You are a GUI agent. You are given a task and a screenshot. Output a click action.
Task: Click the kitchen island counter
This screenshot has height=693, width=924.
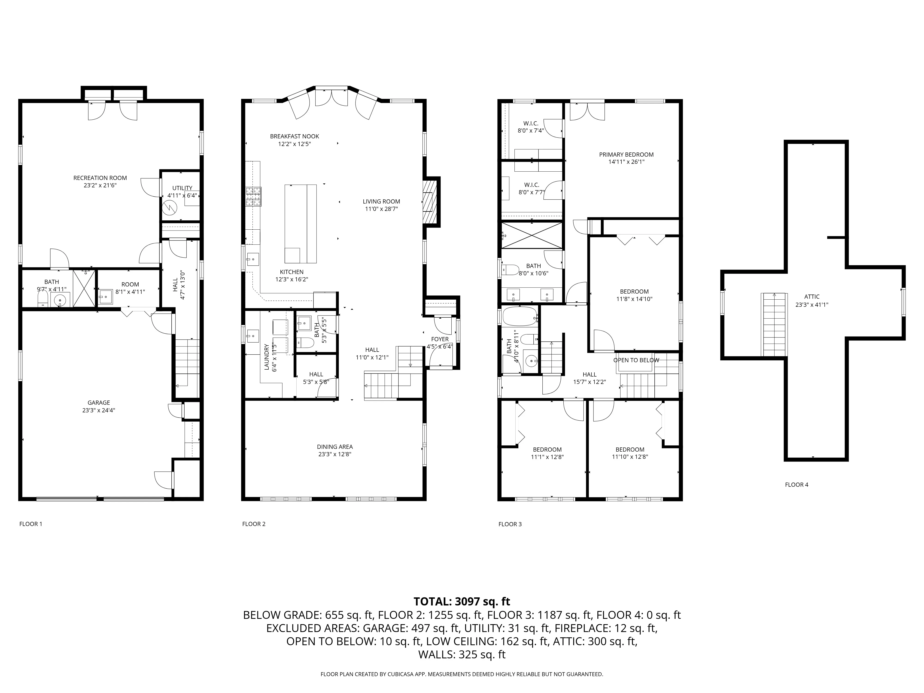pos(300,223)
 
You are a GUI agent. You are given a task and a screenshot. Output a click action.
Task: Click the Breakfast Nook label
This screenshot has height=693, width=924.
pos(295,136)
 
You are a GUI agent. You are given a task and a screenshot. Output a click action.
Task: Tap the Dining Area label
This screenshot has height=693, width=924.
pos(334,447)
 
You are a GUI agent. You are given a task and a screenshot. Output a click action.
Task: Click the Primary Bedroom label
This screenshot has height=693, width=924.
pos(626,155)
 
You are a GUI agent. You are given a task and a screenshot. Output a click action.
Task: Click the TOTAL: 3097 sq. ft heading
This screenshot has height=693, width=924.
pos(462,602)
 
